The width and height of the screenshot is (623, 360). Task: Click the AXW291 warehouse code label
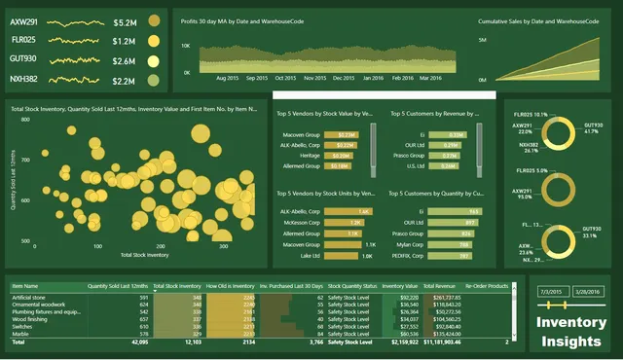coord(24,21)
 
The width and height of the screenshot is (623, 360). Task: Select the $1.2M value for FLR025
coord(125,41)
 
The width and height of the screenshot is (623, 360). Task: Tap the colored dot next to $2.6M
coord(154,61)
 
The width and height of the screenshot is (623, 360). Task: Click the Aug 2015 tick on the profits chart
coord(227,77)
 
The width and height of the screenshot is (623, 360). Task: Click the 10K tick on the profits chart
coord(180,45)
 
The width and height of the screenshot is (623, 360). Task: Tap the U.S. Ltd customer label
coord(416,165)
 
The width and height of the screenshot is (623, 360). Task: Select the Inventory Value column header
coord(399,285)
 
